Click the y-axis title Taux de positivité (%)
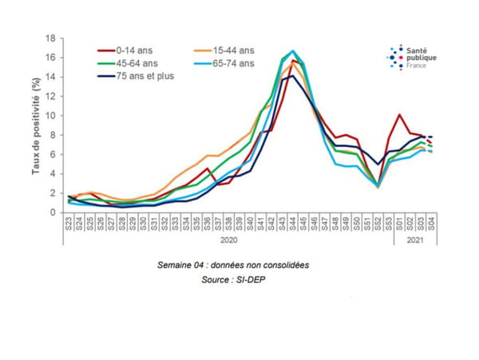tap(37, 125)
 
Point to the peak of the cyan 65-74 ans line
tap(293, 51)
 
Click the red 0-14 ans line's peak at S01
tap(399, 115)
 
